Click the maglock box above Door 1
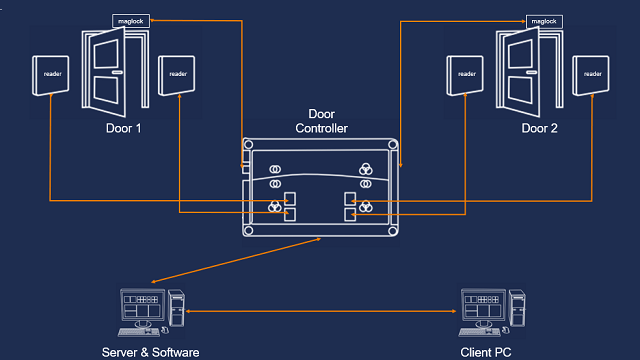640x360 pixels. point(130,20)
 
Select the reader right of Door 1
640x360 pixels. point(178,74)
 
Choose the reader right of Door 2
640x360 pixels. point(592,74)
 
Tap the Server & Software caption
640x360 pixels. point(151,352)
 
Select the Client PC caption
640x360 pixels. point(488,352)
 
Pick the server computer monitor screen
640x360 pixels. point(141,306)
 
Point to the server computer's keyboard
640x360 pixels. point(139,331)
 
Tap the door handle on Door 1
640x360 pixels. point(117,73)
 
